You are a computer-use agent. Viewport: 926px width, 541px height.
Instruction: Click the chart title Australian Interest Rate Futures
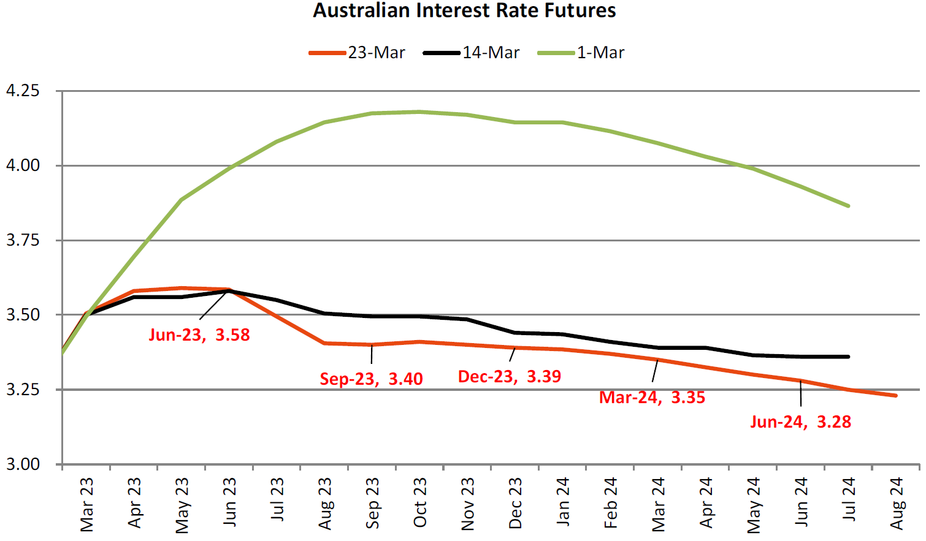(464, 10)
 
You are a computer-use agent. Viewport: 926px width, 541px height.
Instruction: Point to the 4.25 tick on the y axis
(23, 91)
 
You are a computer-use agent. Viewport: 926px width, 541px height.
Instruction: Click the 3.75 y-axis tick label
(23, 240)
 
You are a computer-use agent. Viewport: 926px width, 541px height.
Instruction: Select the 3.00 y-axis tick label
(23, 464)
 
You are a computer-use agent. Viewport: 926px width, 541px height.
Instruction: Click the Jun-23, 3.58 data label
(199, 335)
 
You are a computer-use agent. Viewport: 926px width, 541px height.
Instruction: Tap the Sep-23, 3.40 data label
(371, 379)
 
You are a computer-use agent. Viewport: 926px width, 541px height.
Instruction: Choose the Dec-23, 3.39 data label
(510, 376)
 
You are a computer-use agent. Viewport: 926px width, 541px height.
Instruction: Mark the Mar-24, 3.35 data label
(652, 397)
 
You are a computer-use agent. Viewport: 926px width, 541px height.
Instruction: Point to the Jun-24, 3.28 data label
(800, 422)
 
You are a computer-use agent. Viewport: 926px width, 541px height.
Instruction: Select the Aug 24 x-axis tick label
(897, 504)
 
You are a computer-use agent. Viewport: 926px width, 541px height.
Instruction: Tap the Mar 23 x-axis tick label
(86, 504)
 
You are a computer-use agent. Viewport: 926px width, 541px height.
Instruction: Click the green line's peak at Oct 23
(420, 112)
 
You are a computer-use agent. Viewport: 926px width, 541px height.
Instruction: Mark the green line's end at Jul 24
(849, 206)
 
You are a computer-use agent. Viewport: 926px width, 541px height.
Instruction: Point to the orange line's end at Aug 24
(896, 396)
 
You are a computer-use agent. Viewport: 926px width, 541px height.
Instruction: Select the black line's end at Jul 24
(849, 357)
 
